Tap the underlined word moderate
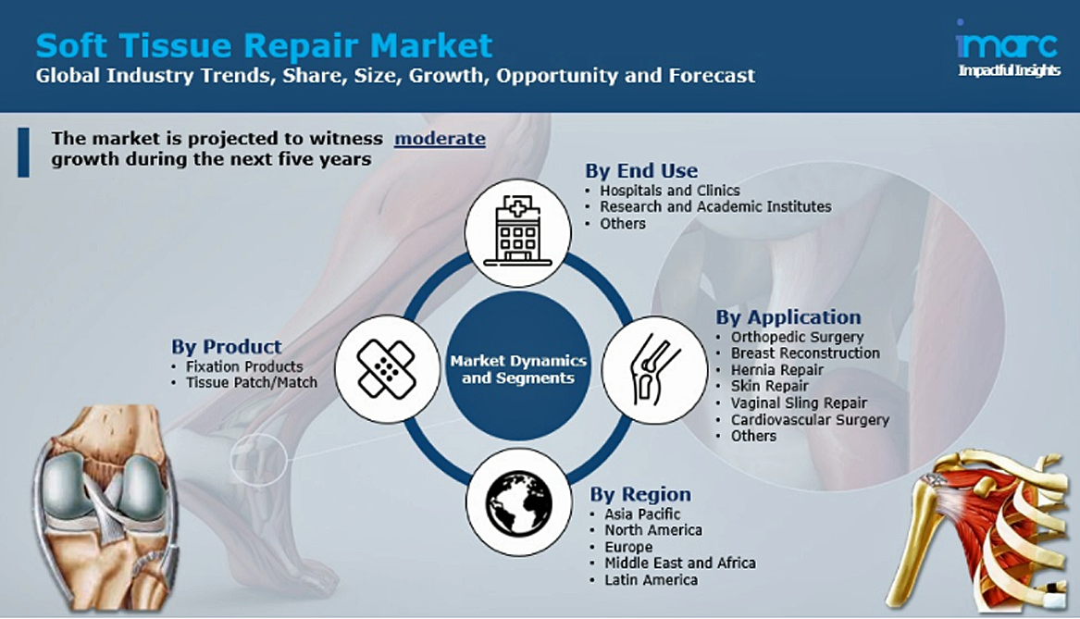coord(440,139)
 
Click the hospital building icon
coord(518,230)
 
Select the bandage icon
coord(387,368)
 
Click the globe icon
coord(518,501)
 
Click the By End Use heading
coord(641,170)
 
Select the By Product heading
coord(227,346)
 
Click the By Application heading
coord(788,316)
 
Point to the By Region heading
coord(640,494)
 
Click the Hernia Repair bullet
coord(777,370)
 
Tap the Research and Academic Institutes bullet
coord(715,206)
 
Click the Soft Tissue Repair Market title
coord(264,46)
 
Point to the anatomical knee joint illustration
coord(104,507)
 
